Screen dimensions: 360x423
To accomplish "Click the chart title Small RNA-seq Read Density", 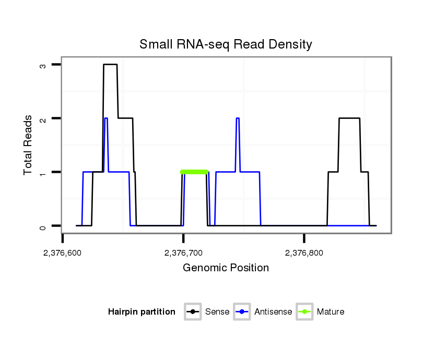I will coord(226,44).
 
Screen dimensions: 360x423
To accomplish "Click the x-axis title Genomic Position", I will coord(226,268).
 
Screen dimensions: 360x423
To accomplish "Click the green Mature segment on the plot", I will coord(194,172).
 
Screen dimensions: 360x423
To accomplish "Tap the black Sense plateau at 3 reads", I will coord(110,65).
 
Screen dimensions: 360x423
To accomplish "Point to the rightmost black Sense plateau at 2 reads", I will coord(349,118).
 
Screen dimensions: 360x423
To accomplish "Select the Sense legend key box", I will coord(193,312).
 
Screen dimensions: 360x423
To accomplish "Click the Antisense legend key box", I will coord(243,312).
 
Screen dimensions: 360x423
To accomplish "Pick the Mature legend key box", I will coord(304,312).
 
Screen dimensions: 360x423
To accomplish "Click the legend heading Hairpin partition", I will coord(142,312).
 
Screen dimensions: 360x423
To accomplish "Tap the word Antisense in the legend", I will coord(273,312).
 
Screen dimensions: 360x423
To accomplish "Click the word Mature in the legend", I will coord(331,312).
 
